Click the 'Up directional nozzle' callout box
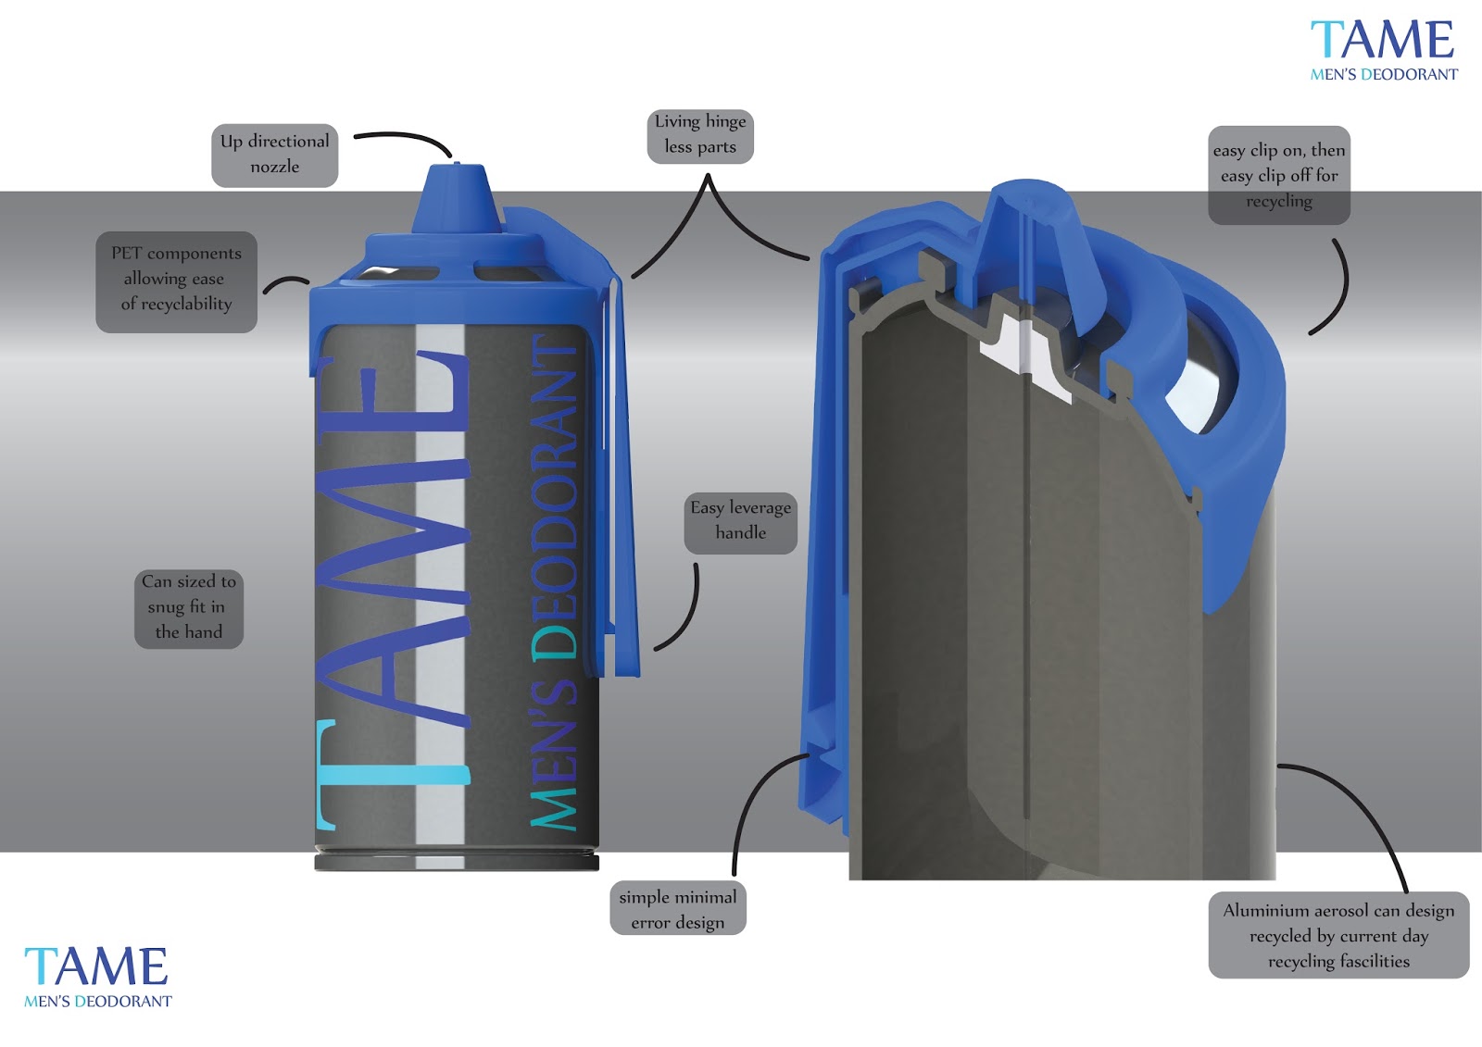(x=274, y=155)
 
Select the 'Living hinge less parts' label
(x=700, y=135)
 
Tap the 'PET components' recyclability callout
(x=176, y=280)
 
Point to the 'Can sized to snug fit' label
(x=189, y=608)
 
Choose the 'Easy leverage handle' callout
(x=741, y=521)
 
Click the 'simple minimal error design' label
(x=678, y=909)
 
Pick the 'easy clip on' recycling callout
(x=1279, y=175)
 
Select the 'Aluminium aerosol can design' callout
(x=1338, y=935)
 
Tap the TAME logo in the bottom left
(x=97, y=976)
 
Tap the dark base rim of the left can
(x=457, y=862)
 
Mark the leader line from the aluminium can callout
(x=1362, y=815)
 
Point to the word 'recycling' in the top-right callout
(x=1279, y=201)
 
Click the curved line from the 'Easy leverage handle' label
(x=690, y=611)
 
